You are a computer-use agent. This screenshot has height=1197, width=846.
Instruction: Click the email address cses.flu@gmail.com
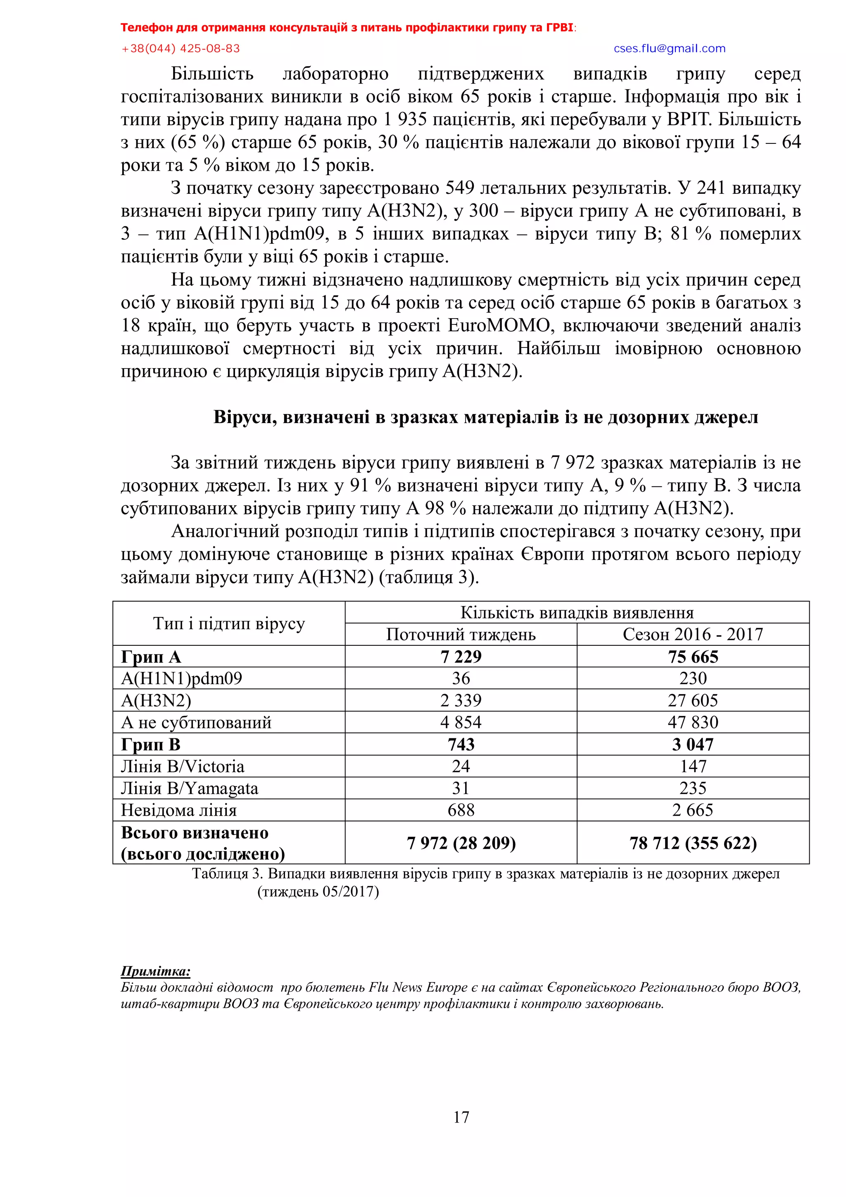click(x=669, y=48)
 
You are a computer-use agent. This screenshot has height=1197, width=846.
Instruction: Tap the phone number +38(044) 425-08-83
click(x=181, y=48)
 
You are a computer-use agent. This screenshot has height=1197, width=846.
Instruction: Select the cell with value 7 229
click(x=461, y=657)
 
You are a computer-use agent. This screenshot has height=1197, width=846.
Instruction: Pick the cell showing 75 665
click(x=693, y=657)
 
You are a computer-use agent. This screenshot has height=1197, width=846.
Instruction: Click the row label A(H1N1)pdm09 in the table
click(x=181, y=678)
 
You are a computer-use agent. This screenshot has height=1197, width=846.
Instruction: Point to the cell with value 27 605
click(x=693, y=700)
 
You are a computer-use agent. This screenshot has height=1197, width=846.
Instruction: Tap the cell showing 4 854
click(x=461, y=722)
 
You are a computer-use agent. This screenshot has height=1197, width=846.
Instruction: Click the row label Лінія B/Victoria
click(x=183, y=766)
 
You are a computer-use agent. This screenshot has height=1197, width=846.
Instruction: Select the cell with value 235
click(x=693, y=788)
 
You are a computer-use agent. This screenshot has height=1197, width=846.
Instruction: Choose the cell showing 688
click(x=461, y=810)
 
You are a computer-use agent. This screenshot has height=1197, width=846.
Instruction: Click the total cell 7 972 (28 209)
click(x=461, y=842)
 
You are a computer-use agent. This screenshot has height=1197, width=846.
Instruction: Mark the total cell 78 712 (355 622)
click(x=693, y=842)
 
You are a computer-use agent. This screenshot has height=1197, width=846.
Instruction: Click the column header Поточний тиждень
click(x=461, y=635)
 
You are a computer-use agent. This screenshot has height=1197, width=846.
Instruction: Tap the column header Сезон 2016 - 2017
click(x=693, y=635)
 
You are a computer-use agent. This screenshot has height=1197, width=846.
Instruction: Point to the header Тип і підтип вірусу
click(x=228, y=623)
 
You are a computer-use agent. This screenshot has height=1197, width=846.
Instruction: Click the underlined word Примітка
click(x=155, y=971)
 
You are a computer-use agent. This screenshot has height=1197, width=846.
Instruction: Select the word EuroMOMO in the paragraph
click(x=499, y=325)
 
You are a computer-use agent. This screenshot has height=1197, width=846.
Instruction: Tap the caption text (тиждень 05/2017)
click(x=318, y=892)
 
